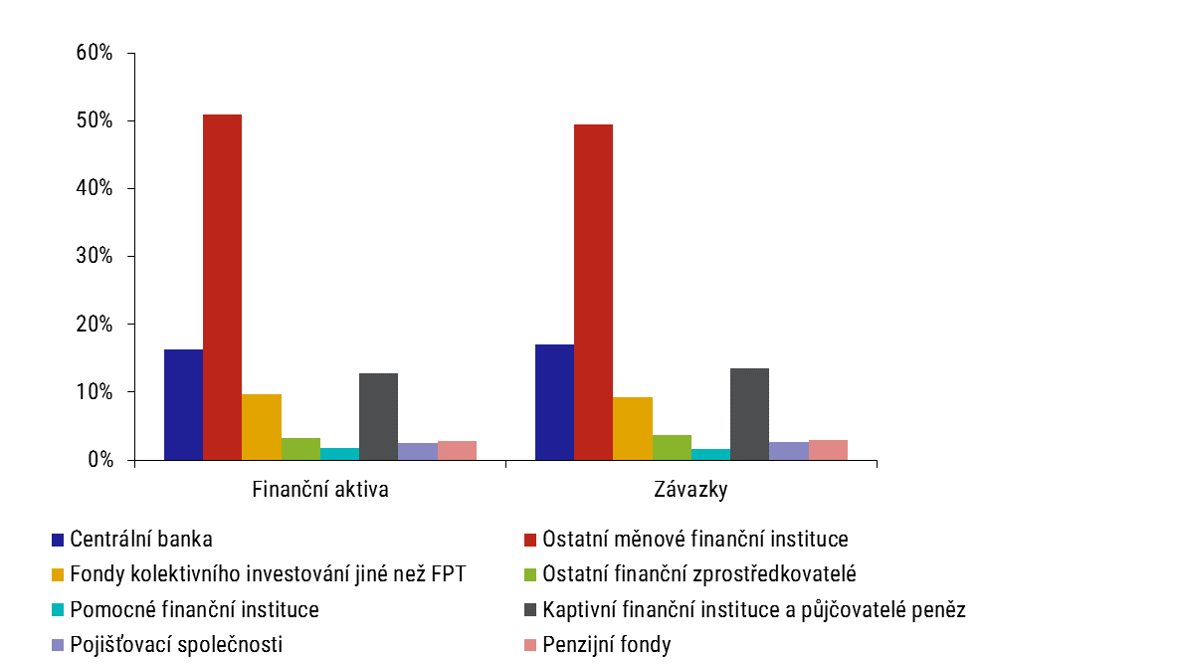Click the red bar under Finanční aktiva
pyautogui.click(x=223, y=288)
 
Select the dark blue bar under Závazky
pyautogui.click(x=554, y=402)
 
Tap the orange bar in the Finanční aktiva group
pyautogui.click(x=262, y=427)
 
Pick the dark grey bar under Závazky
pyautogui.click(x=749, y=414)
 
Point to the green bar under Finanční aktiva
pyautogui.click(x=300, y=449)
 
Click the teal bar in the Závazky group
pyautogui.click(x=710, y=454)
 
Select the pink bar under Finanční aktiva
pyautogui.click(x=457, y=450)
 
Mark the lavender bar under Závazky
pyautogui.click(x=789, y=451)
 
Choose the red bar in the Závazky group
pyautogui.click(x=593, y=293)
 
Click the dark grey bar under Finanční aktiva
pyautogui.click(x=379, y=416)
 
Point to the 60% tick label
pyautogui.click(x=94, y=53)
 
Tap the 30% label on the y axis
pyautogui.click(x=94, y=256)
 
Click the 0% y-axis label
pyautogui.click(x=100, y=460)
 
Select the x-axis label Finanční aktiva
pyautogui.click(x=320, y=490)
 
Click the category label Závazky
pyautogui.click(x=691, y=490)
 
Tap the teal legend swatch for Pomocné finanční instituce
pyautogui.click(x=58, y=610)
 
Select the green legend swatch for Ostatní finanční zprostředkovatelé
pyautogui.click(x=530, y=574)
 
